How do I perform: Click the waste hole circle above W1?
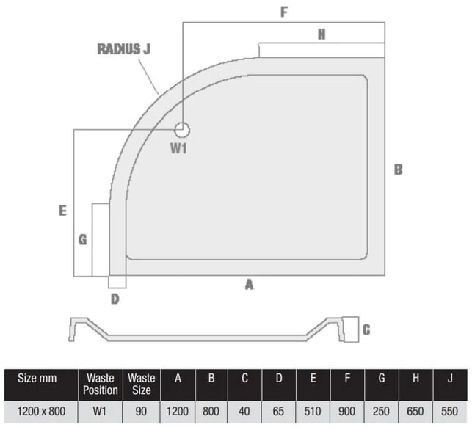[x=182, y=130]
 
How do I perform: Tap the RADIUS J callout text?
[x=124, y=49]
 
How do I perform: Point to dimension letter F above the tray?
[x=284, y=12]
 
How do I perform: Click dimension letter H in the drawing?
[x=322, y=34]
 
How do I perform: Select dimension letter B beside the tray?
[x=399, y=170]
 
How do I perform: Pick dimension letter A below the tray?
[x=250, y=285]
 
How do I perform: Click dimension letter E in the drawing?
[x=62, y=211]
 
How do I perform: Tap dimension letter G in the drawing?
[x=82, y=239]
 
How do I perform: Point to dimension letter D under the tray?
[x=115, y=299]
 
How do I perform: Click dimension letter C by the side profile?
[x=366, y=330]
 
